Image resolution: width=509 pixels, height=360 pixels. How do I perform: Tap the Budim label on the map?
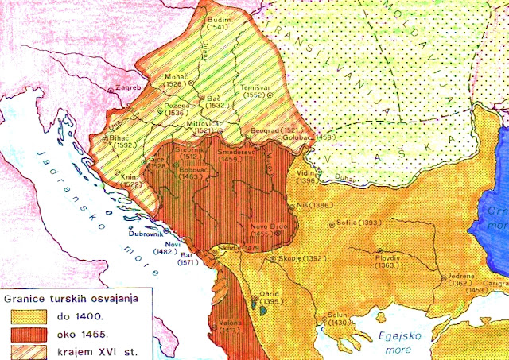pos(216,17)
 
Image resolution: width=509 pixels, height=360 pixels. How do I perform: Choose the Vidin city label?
pos(305,173)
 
